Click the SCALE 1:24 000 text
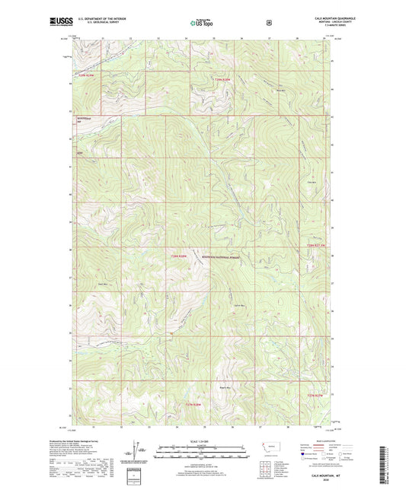coord(203,444)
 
